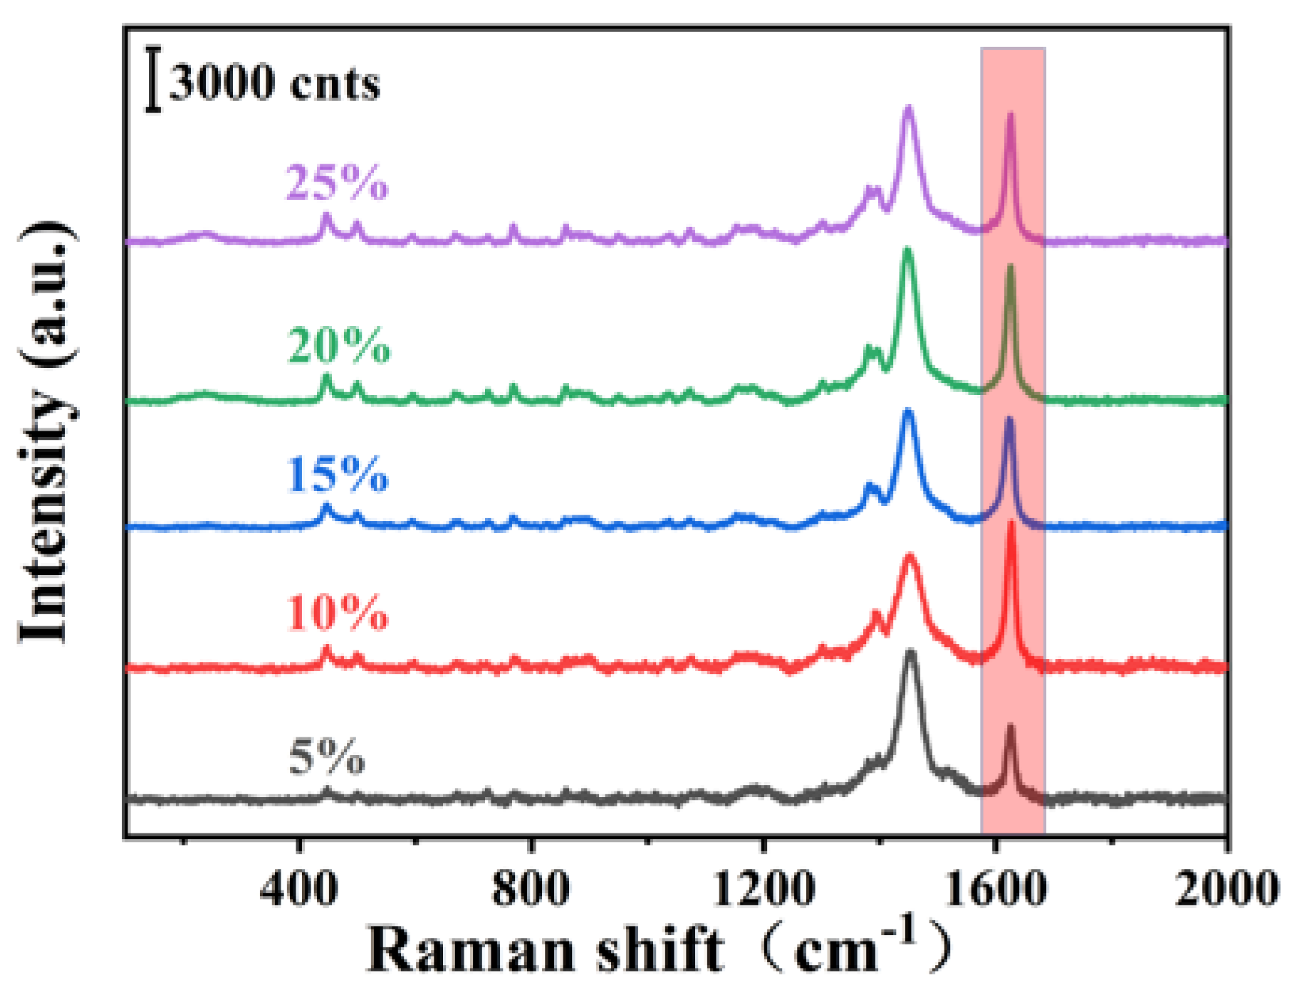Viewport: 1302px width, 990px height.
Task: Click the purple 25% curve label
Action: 337,184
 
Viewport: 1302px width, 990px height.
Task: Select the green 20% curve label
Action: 339,347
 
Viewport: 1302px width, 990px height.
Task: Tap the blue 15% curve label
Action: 338,475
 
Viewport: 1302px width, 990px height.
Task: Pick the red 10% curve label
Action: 338,613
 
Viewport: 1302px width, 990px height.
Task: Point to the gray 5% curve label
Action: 327,757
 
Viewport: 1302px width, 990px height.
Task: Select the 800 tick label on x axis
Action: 531,889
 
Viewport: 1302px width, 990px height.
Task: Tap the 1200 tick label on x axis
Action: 763,889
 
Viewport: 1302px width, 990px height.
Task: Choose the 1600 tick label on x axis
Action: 995,889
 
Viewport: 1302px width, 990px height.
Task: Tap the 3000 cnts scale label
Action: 274,83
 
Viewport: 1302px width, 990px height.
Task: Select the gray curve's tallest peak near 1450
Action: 910,653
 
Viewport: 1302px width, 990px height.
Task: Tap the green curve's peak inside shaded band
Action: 1010,268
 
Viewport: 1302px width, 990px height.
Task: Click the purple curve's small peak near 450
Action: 326,216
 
